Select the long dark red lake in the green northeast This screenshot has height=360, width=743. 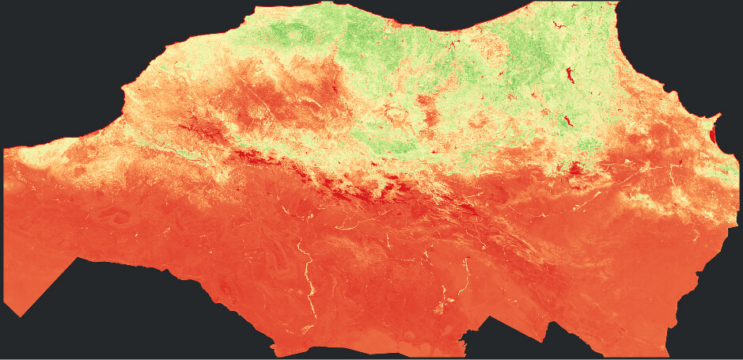569,77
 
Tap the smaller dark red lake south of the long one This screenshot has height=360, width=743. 567,122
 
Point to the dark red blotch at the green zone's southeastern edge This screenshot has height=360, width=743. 575,168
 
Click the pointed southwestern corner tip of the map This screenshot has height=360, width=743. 19,316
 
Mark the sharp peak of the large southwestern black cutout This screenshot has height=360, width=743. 78,259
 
